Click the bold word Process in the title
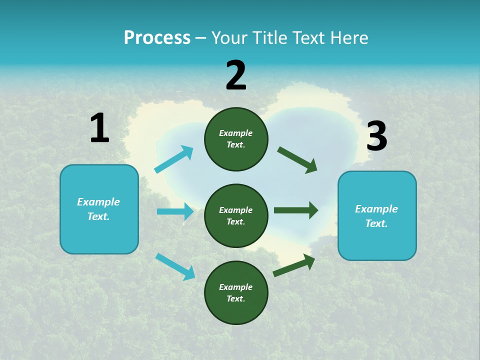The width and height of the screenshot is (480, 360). (157, 38)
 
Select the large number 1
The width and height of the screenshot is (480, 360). (99, 128)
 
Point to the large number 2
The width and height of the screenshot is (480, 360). (236, 75)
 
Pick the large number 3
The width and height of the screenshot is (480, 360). (376, 136)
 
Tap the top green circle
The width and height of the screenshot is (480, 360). (236, 139)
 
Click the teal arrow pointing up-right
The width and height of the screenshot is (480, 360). (174, 159)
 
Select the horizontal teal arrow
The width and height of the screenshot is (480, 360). (175, 211)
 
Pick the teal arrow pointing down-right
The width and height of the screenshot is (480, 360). (175, 266)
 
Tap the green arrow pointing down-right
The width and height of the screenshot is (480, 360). (297, 160)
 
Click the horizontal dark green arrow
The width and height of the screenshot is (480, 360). (295, 210)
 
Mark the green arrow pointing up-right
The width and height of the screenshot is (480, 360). (294, 265)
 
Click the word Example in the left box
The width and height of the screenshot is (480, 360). (98, 202)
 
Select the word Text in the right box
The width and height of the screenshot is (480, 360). (376, 223)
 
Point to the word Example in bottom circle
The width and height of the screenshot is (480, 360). (236, 287)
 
